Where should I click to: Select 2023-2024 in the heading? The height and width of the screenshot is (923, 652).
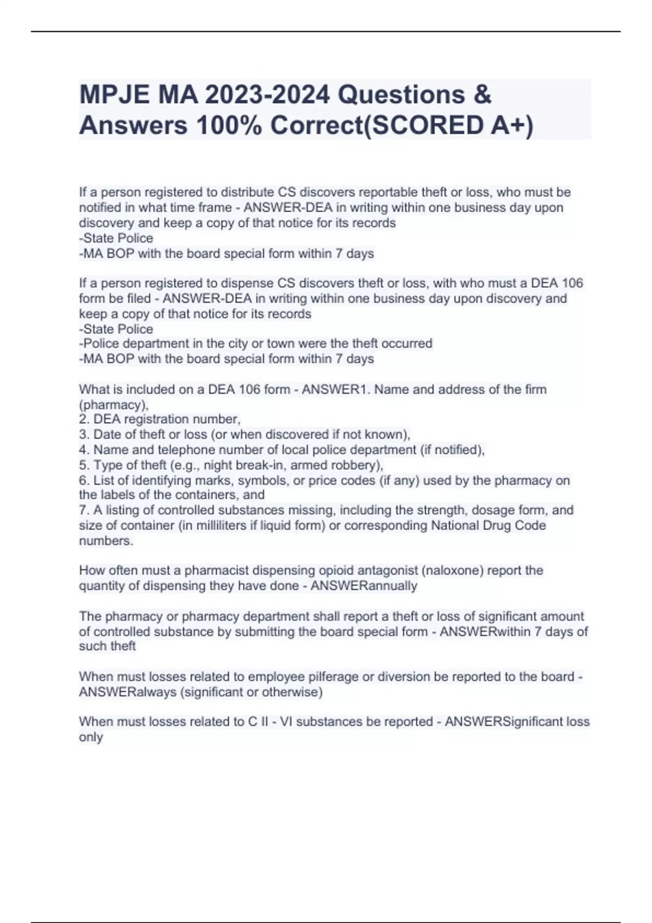(x=244, y=95)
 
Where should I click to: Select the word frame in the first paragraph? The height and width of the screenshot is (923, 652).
(x=215, y=207)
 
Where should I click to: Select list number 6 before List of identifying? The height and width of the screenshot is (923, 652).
(x=84, y=481)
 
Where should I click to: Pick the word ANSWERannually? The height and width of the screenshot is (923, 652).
(x=363, y=586)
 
